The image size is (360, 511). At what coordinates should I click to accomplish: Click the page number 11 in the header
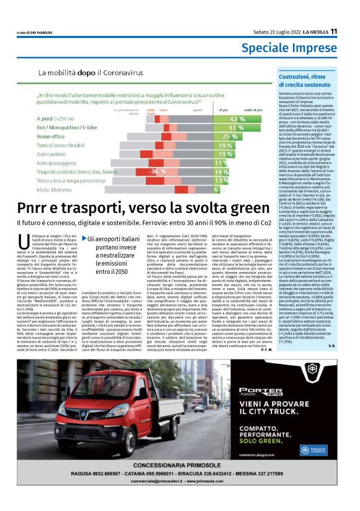pyautogui.click(x=334, y=32)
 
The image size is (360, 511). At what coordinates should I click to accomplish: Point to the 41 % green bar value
pyautogui.click(x=236, y=127)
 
